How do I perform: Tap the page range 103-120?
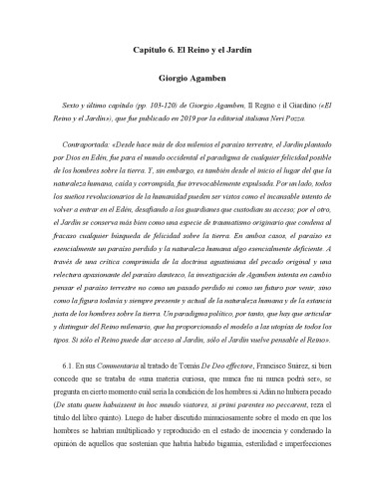(176, 103)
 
